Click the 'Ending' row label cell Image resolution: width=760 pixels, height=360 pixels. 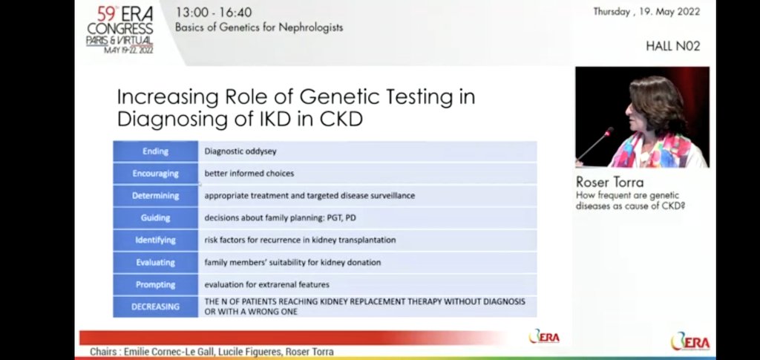(155, 151)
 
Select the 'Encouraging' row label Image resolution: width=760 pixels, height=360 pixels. (155, 174)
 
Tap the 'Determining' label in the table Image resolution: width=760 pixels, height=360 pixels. (155, 196)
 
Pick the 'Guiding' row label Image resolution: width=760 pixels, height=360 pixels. (155, 218)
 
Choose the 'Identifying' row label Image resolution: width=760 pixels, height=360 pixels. (155, 240)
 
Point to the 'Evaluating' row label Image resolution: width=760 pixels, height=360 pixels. (155, 263)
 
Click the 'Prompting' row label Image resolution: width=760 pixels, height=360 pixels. (155, 285)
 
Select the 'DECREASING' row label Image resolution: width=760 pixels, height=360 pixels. (155, 307)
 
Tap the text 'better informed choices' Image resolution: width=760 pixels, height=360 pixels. (249, 174)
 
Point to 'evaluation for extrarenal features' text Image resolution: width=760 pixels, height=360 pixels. (266, 285)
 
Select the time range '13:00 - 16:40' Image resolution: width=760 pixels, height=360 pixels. (213, 13)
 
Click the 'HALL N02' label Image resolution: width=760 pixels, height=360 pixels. (672, 46)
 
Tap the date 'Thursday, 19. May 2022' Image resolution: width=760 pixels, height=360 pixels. (646, 12)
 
